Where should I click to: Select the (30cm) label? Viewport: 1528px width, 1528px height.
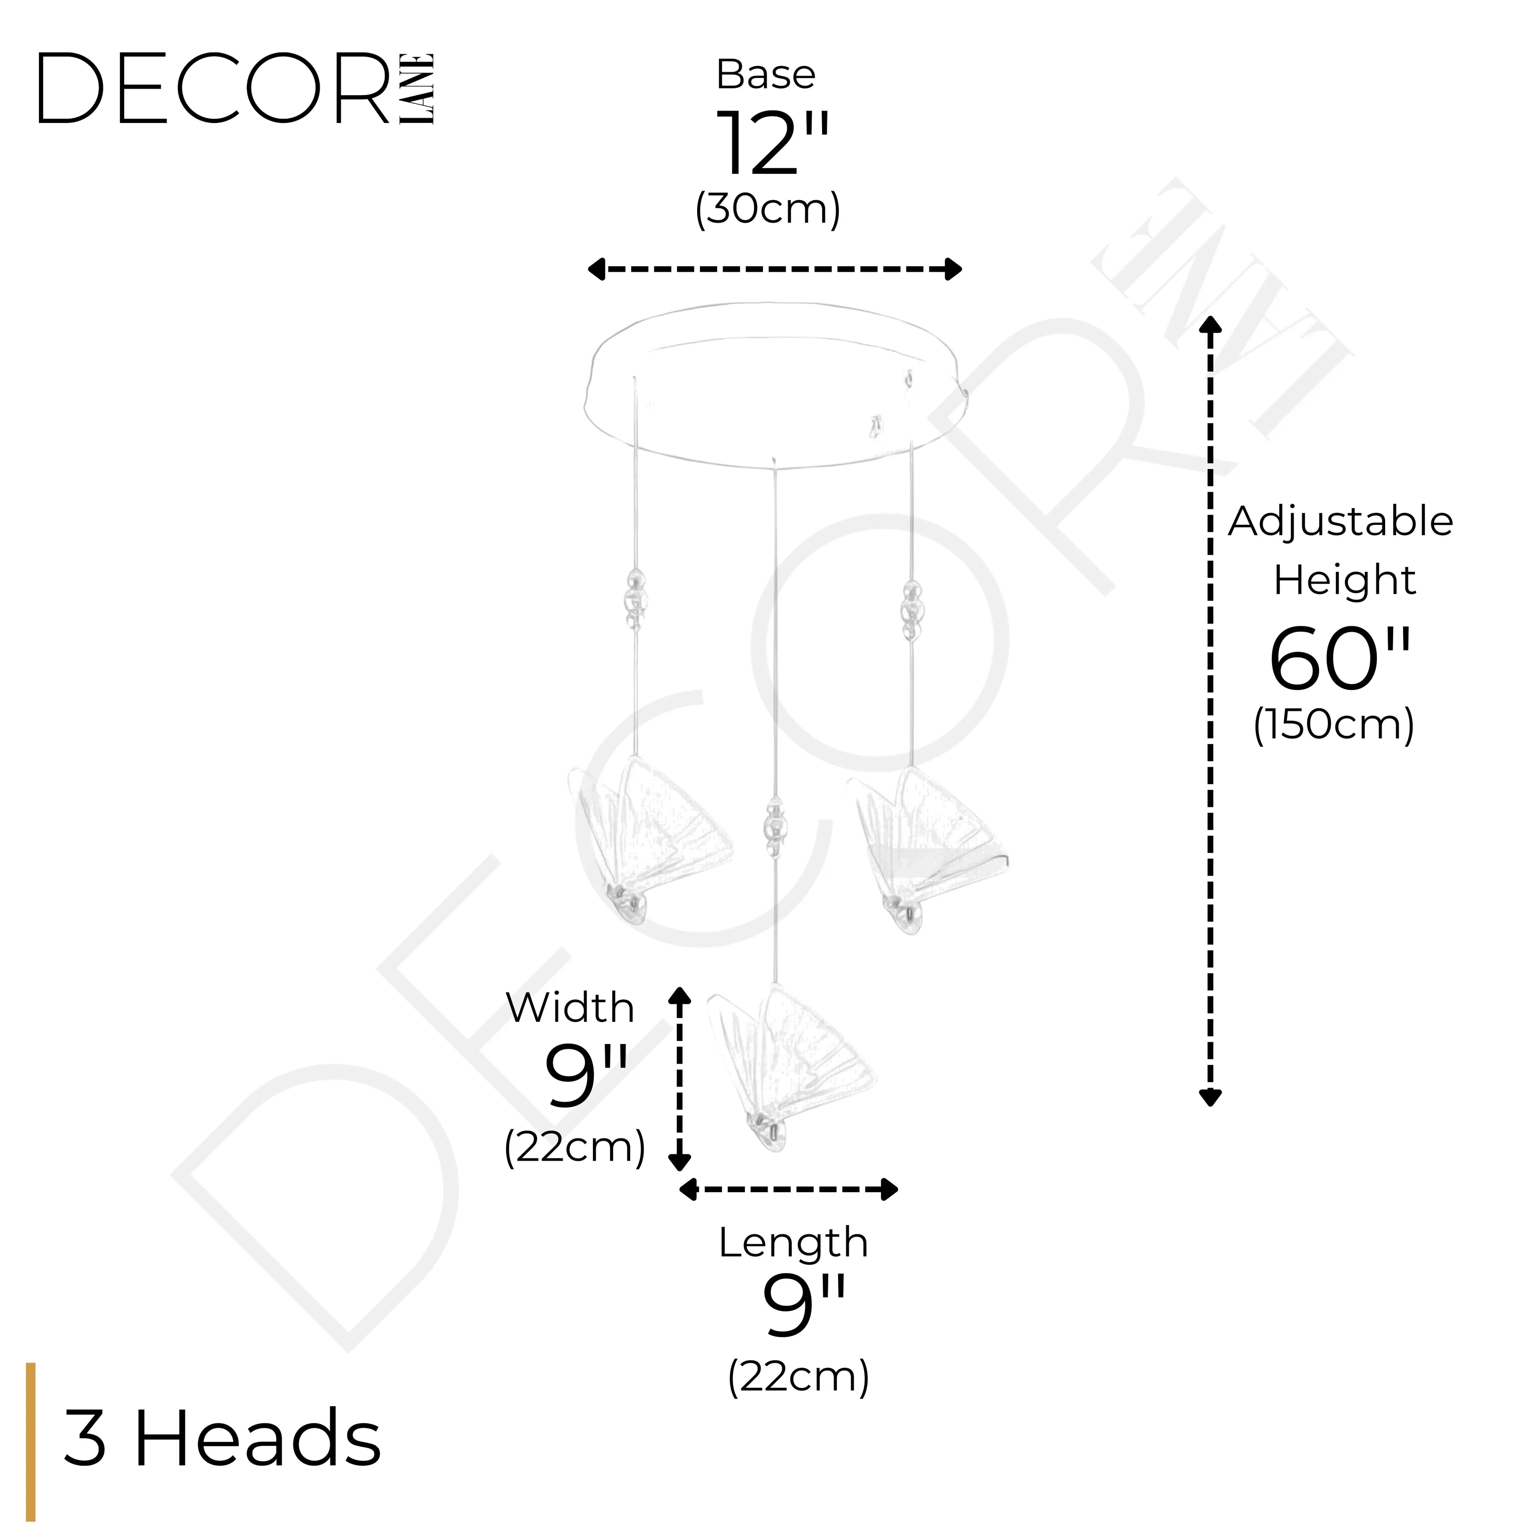(767, 210)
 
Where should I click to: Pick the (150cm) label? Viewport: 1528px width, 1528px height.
(1333, 724)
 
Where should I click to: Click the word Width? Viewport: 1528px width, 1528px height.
(570, 1008)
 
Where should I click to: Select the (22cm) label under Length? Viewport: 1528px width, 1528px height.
(798, 1377)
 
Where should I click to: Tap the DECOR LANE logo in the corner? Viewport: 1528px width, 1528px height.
(236, 89)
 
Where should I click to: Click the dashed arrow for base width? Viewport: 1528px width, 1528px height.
(774, 270)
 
